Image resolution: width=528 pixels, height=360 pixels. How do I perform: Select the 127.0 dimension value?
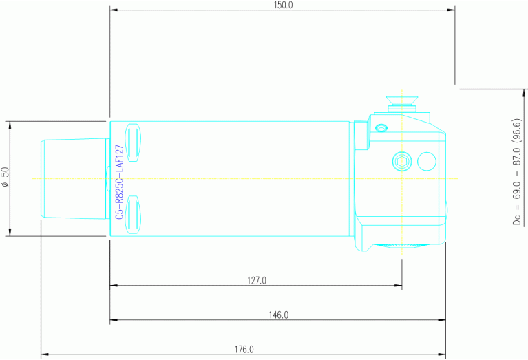256,280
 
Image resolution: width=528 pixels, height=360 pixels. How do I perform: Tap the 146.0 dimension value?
278,315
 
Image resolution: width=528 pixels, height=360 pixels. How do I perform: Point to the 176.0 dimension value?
244,350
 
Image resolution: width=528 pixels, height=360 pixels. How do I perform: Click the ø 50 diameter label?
6,178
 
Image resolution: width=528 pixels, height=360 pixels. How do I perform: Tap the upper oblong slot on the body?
134,143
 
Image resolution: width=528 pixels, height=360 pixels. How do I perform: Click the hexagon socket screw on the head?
402,162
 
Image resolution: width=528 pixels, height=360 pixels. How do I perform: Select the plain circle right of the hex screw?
427,161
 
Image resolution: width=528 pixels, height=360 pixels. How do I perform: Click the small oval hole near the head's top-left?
380,127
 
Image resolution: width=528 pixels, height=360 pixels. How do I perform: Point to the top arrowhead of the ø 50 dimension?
10,125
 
